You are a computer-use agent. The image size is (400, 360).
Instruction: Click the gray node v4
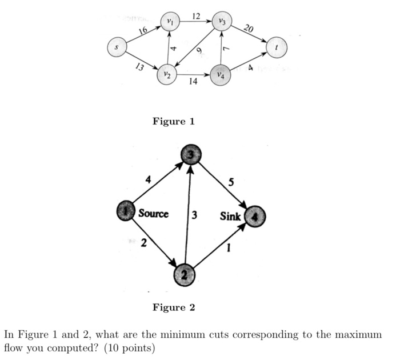[x=221, y=75]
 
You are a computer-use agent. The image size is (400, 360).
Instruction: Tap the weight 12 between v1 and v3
[x=195, y=15]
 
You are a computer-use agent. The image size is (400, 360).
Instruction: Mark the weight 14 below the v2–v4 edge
[x=193, y=82]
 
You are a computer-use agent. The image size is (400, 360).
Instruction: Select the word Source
[x=154, y=214]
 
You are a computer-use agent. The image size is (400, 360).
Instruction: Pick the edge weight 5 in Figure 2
[x=231, y=183]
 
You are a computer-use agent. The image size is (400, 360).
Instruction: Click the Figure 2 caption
[x=174, y=307]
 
